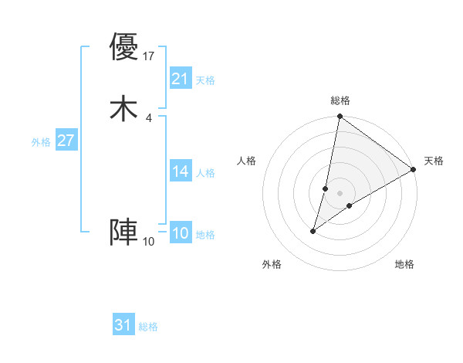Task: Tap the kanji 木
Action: [123, 108]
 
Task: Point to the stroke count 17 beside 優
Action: [150, 56]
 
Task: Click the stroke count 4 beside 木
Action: [148, 117]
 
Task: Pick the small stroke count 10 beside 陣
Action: [149, 242]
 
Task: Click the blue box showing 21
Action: [181, 78]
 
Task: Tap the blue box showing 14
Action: [181, 171]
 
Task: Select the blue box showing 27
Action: [66, 141]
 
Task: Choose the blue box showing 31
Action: [123, 325]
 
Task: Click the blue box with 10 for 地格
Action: [181, 233]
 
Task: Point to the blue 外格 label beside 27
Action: [41, 142]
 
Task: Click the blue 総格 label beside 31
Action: [148, 327]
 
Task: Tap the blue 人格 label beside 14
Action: [205, 173]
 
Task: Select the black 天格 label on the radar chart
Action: [434, 161]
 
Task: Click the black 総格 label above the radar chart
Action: [340, 100]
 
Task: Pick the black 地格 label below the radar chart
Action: [404, 264]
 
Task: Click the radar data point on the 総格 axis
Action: [340, 117]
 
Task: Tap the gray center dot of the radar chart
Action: [340, 193]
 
